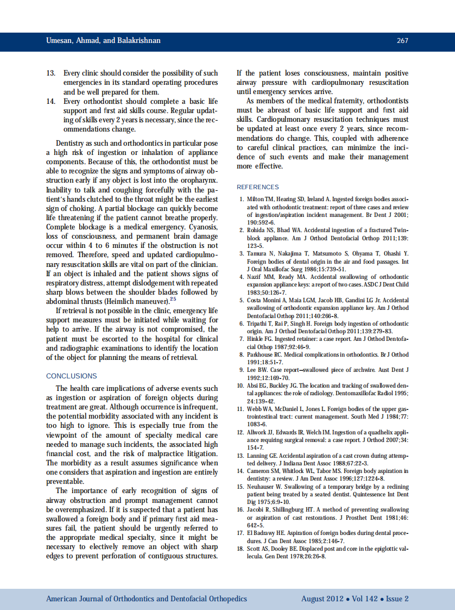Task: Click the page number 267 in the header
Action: click(402, 41)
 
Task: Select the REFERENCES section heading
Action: click(257, 187)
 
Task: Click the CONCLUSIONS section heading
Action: click(72, 376)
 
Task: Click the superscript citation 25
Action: click(173, 298)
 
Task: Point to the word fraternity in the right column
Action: click(347, 101)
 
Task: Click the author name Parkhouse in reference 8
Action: click(261, 354)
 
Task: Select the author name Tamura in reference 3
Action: click(256, 254)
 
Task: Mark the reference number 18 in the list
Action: click(240, 549)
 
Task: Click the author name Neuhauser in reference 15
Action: click(262, 487)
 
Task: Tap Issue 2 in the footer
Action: click(397, 599)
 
